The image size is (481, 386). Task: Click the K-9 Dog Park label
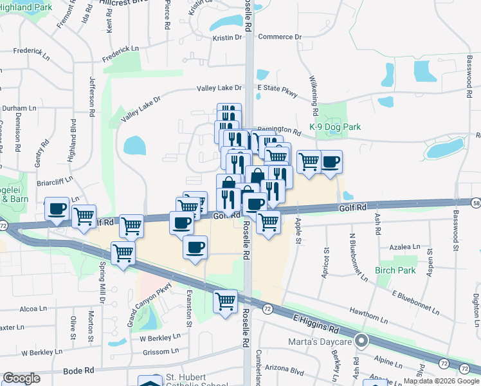pyautogui.click(x=334, y=127)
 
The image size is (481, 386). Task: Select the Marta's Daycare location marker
pyautogui.click(x=362, y=342)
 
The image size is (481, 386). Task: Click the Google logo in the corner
pyautogui.click(x=21, y=378)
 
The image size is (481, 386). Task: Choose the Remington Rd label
pyautogui.click(x=279, y=130)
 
